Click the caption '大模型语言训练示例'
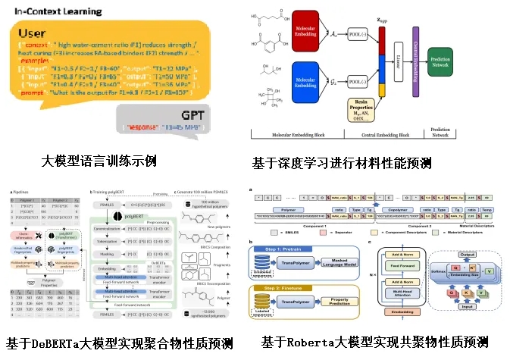tap(98, 161)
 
